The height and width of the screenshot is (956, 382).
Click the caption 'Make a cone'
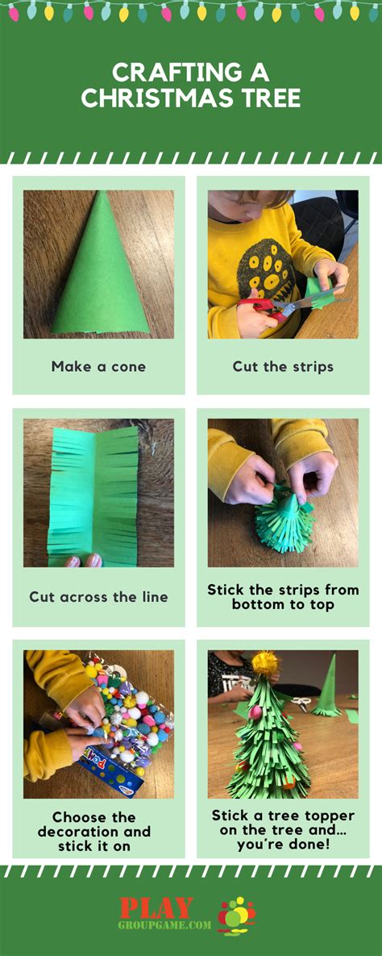pyautogui.click(x=98, y=366)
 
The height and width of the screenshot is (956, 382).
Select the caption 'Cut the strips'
pyautogui.click(x=283, y=366)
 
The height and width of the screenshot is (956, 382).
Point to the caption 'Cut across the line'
pyautogui.click(x=98, y=597)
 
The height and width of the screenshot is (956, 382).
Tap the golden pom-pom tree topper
pyautogui.click(x=265, y=663)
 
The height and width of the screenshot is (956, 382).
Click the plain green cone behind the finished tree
pyautogui.click(x=329, y=686)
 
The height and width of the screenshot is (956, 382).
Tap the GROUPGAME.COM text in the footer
pyautogui.click(x=165, y=925)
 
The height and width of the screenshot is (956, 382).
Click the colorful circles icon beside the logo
pyautogui.click(x=236, y=915)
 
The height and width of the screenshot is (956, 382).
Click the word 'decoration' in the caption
pyautogui.click(x=98, y=832)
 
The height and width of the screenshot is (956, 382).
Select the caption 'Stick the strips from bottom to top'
pyautogui.click(x=283, y=597)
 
